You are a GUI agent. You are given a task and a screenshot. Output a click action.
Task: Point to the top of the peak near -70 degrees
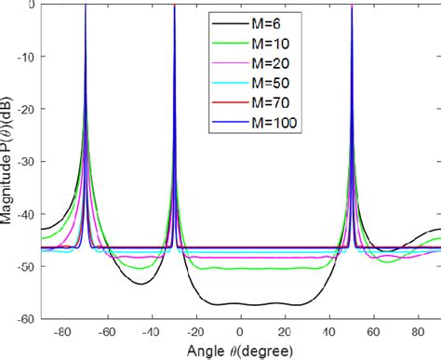click(86, 6)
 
